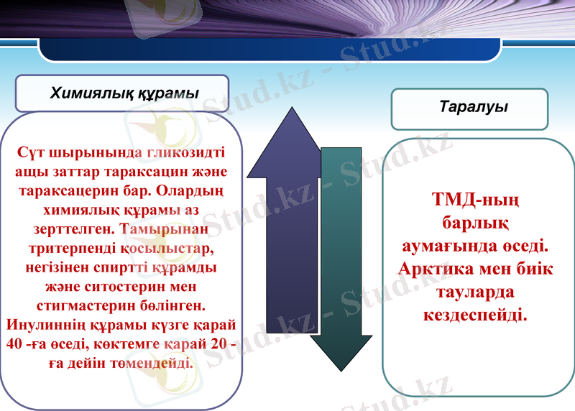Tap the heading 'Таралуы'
pos(473,107)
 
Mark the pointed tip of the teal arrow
pos(341,370)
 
